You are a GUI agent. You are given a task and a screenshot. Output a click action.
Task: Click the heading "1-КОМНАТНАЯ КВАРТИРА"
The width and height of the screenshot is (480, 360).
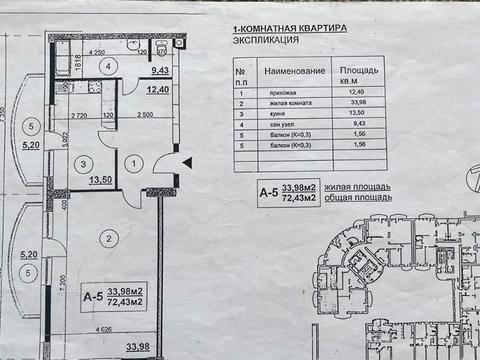289,30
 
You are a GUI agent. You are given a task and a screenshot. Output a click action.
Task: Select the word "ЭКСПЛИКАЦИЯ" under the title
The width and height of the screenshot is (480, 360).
263,43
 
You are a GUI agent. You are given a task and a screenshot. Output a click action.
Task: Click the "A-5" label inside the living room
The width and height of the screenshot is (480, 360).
93,297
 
